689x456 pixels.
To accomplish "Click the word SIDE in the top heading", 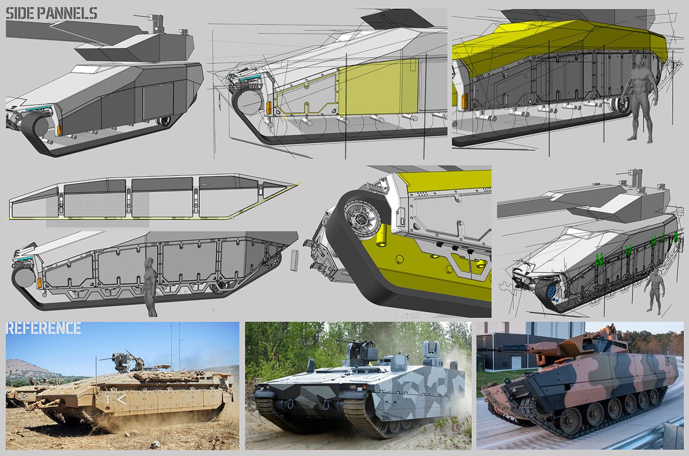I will coord(20,13).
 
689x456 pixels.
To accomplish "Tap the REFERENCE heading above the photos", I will coord(43,328).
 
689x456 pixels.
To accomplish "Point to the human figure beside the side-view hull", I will coord(150,285).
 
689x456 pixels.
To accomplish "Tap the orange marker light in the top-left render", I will coord(59,130).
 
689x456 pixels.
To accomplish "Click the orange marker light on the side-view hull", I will coord(39,283).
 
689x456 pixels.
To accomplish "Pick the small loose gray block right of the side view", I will coord(295,260).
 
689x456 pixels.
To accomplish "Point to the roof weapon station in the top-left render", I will coord(156,22).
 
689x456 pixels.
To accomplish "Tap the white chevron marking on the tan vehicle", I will coord(120,399).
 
